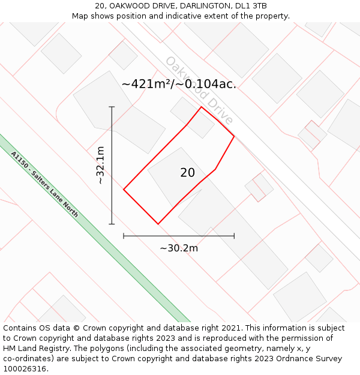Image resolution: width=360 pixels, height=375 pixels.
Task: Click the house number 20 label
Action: pos(187,173)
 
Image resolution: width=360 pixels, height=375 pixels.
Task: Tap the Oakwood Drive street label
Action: pos(198,90)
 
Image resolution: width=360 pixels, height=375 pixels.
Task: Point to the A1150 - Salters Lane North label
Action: pos(44,184)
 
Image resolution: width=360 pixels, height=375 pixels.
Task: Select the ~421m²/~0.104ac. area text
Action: pos(179,85)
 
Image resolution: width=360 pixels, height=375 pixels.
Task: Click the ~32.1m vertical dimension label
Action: pos(100,166)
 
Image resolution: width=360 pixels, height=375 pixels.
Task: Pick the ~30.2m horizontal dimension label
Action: pos(179,248)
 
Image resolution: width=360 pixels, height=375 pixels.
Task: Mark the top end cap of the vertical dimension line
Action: pos(112,107)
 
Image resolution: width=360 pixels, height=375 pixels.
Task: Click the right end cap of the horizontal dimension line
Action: pos(234,236)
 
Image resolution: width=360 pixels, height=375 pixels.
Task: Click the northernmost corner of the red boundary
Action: pos(201,107)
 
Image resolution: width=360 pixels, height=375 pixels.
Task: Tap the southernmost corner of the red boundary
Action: pos(158,224)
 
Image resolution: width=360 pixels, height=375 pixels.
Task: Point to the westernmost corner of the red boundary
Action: pos(124,190)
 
